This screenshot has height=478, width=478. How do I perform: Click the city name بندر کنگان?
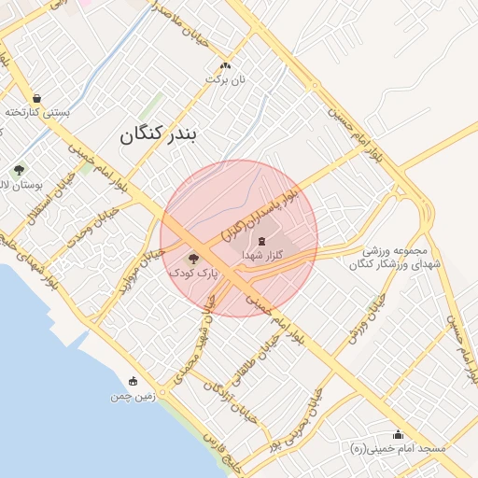pyautogui.click(x=159, y=135)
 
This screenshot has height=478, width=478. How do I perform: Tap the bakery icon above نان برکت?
pyautogui.click(x=224, y=66)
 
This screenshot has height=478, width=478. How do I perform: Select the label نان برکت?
pyautogui.click(x=225, y=80)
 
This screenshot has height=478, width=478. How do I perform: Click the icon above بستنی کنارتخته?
pyautogui.click(x=36, y=98)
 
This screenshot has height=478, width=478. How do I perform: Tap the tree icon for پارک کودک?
pyautogui.click(x=193, y=258)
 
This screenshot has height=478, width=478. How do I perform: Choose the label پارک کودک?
pyautogui.click(x=192, y=273)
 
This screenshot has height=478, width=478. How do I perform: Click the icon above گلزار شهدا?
pyautogui.click(x=260, y=240)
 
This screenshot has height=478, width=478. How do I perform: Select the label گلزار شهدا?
pyautogui.click(x=259, y=254)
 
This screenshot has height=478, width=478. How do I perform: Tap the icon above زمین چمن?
pyautogui.click(x=132, y=381)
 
